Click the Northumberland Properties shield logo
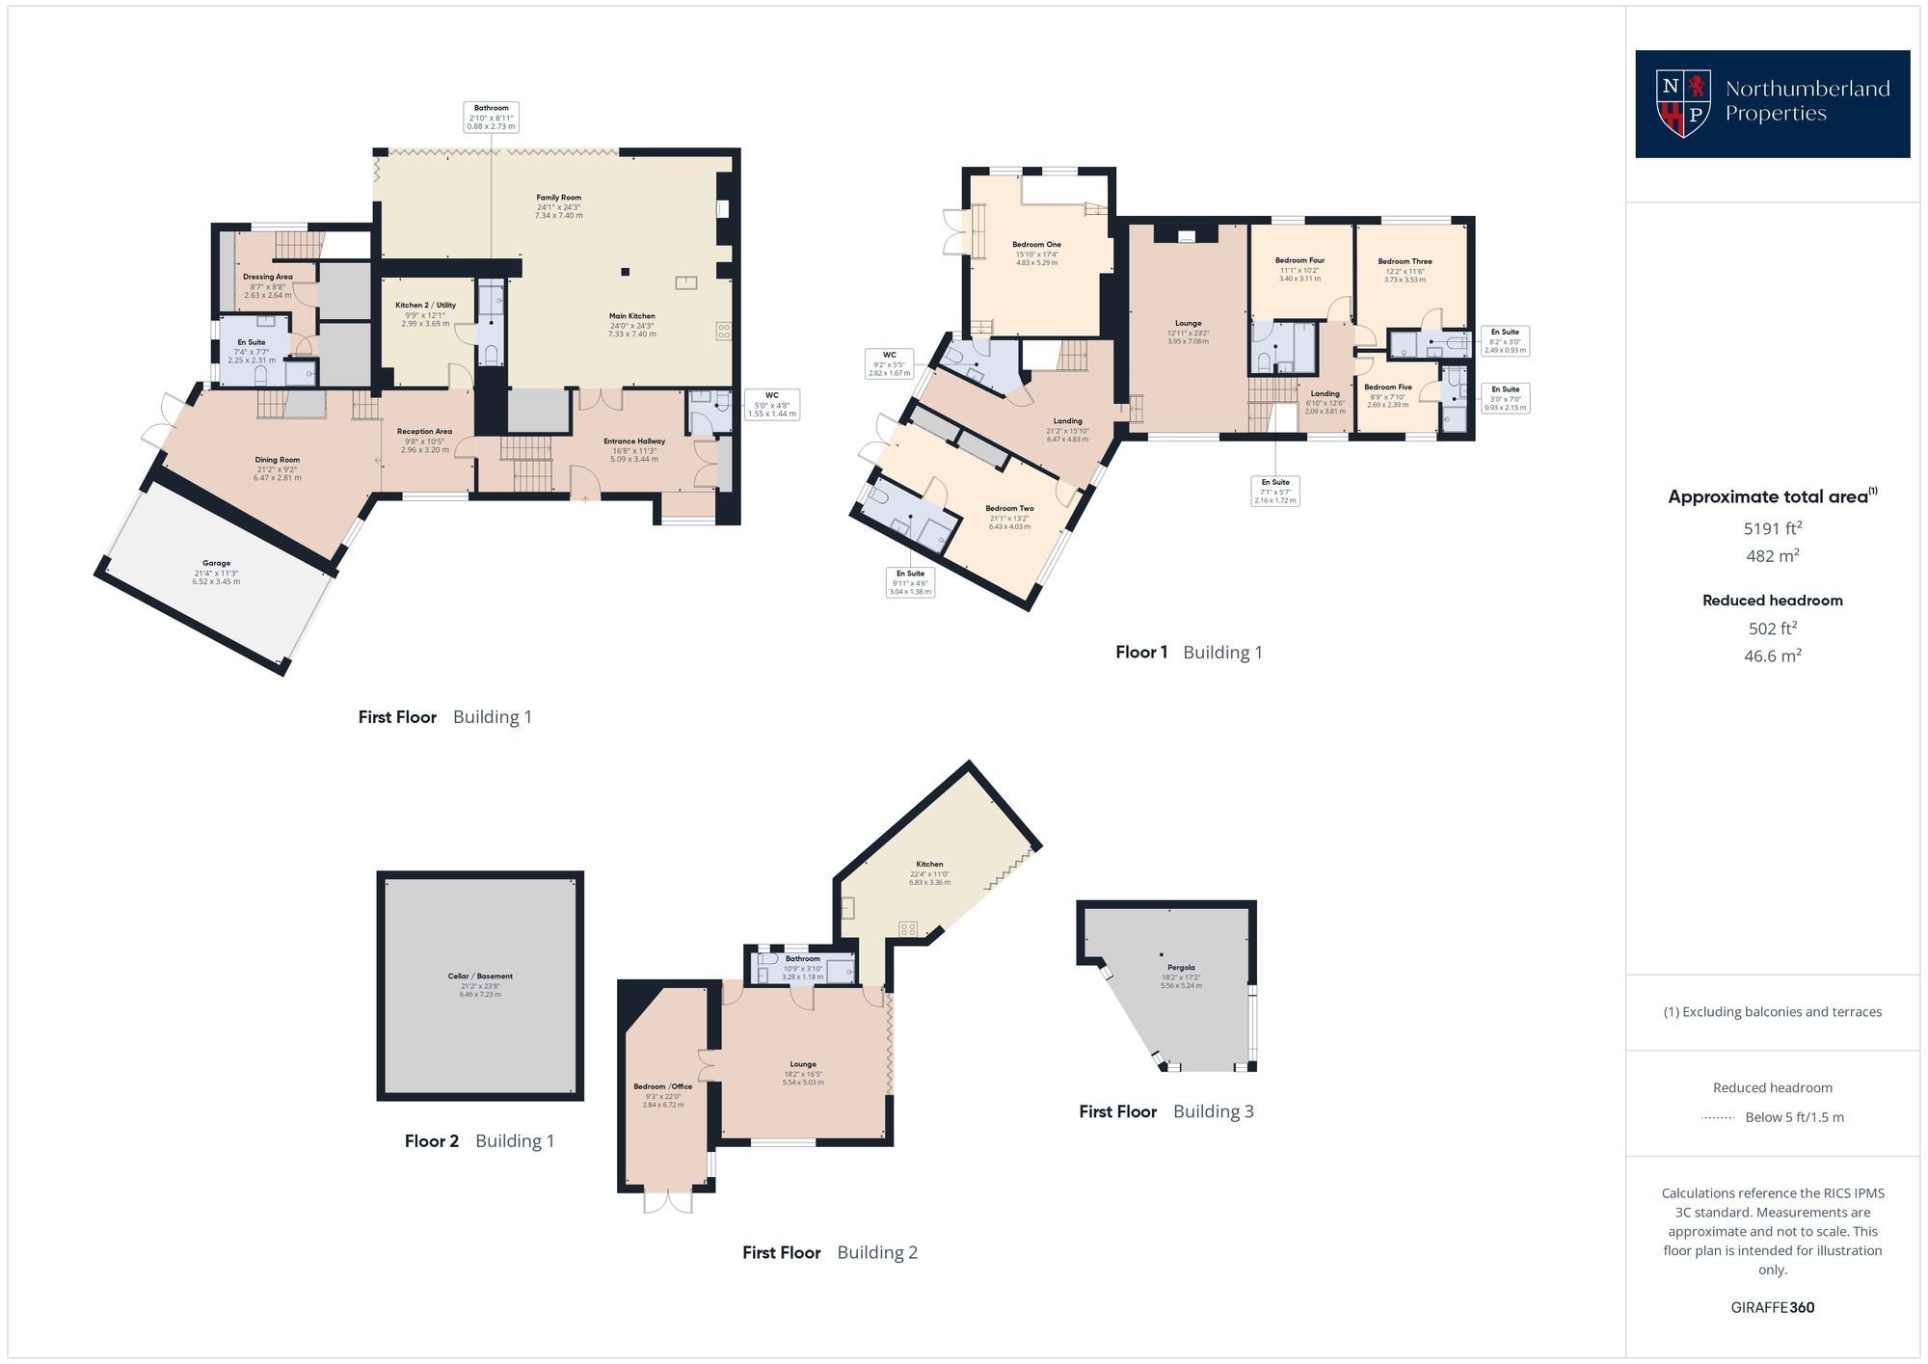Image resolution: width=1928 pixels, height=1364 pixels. click(x=1683, y=103)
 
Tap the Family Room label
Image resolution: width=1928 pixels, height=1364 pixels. click(x=558, y=198)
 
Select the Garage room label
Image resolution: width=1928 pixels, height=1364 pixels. click(x=216, y=564)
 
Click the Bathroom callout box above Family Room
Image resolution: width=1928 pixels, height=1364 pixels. click(x=492, y=117)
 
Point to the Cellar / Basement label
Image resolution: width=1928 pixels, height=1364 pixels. click(x=480, y=976)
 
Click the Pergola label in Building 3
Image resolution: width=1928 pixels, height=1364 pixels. click(x=1181, y=968)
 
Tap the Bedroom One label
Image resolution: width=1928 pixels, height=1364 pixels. click(x=1036, y=245)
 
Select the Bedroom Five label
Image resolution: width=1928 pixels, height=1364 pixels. click(x=1388, y=388)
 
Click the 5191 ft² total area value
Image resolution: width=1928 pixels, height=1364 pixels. click(x=1772, y=528)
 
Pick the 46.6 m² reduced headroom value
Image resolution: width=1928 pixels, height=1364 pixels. click(x=1772, y=655)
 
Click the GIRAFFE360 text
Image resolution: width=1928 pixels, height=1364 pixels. click(x=1772, y=1308)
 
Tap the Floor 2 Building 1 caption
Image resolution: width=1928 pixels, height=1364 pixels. click(x=479, y=1141)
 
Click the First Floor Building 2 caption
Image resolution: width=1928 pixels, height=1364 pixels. click(x=829, y=1253)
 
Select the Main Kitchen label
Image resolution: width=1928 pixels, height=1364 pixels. click(x=631, y=316)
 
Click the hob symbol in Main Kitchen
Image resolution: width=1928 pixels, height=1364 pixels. click(x=723, y=332)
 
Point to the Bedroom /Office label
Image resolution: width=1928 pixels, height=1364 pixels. click(x=662, y=1086)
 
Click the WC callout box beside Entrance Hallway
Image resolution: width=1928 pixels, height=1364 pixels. click(x=772, y=404)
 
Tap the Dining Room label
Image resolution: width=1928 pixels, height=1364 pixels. click(x=277, y=461)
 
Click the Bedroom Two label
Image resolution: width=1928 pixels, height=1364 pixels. click(x=1009, y=509)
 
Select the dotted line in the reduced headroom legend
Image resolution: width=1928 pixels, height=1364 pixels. click(x=1718, y=1118)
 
